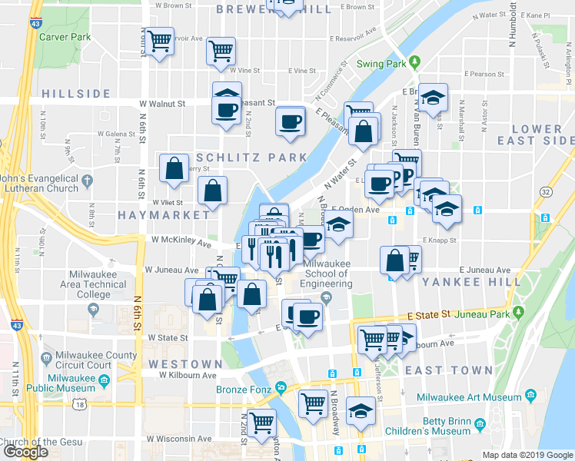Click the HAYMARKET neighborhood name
pos(153,216)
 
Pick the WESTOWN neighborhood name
pos(185,363)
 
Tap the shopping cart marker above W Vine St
pos(221,51)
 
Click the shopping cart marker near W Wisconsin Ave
pos(262,421)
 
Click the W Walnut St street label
pos(162,103)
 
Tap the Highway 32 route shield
pos(546,191)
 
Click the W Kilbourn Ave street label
pos(188,376)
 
